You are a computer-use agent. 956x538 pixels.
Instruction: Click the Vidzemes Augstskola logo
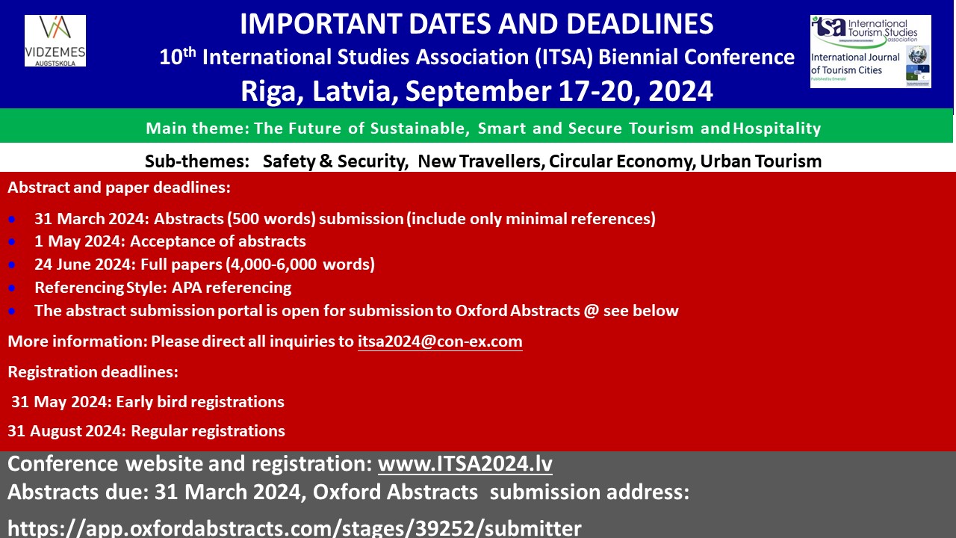(55, 41)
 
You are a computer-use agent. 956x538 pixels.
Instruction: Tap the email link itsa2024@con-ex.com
(440, 341)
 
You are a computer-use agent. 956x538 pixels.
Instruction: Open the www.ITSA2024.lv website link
(465, 464)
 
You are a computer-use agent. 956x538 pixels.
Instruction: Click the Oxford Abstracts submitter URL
(294, 528)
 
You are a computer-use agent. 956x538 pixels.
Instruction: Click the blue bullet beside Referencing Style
(12, 288)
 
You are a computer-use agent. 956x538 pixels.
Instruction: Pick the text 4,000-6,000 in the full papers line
(271, 265)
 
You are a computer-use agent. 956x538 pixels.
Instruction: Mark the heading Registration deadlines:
(93, 372)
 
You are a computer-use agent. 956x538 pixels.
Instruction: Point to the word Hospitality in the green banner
(777, 129)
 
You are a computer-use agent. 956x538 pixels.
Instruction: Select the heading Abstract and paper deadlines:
(119, 188)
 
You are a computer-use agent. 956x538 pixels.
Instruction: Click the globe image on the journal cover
(917, 55)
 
